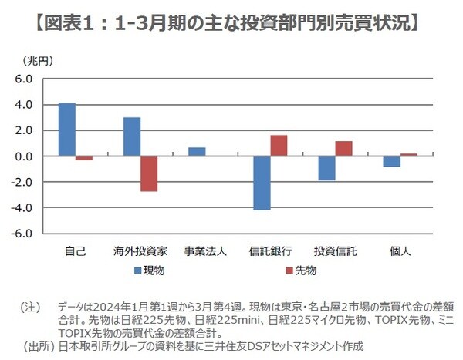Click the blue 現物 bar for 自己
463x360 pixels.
click(67, 130)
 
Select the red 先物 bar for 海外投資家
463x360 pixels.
click(149, 173)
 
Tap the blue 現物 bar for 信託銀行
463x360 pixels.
click(262, 183)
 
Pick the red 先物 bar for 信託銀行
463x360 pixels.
click(279, 146)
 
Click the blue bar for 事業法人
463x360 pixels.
click(197, 152)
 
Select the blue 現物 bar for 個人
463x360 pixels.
click(392, 161)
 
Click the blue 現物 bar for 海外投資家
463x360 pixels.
click(132, 136)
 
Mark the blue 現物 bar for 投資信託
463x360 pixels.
click(327, 168)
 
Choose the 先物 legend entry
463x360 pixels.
click(303, 271)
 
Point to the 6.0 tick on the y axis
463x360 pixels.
click(22, 79)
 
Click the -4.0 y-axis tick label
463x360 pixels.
click(21, 207)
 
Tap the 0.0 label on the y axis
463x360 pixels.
click(22, 156)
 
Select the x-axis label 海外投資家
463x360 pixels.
click(140, 251)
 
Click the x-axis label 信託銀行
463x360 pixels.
click(271, 251)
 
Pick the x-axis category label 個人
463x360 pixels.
click(400, 251)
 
